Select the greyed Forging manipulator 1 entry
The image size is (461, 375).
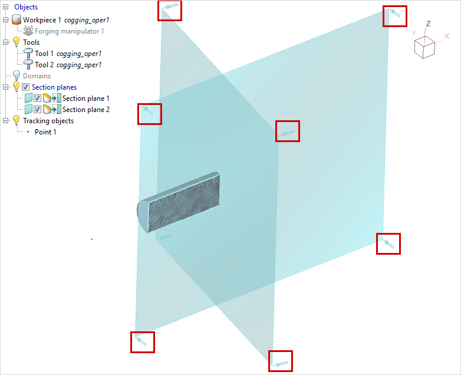pyautogui.click(x=70, y=31)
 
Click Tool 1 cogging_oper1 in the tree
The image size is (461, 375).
pyautogui.click(x=68, y=54)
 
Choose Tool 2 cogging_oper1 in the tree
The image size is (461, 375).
pyautogui.click(x=68, y=65)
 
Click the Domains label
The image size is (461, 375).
pyautogui.click(x=37, y=76)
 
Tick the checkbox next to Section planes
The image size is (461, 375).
pyautogui.click(x=26, y=87)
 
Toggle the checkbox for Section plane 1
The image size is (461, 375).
pyautogui.click(x=37, y=98)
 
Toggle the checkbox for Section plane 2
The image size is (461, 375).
pyautogui.click(x=37, y=110)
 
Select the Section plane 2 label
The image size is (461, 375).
pyautogui.click(x=86, y=110)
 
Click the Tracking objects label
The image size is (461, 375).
pyautogui.click(x=48, y=121)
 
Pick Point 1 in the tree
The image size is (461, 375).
pyautogui.click(x=45, y=132)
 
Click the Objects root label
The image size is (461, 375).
pyautogui.click(x=26, y=6)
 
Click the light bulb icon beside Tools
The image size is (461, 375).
pyautogui.click(x=17, y=42)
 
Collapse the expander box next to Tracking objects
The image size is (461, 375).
pyautogui.click(x=5, y=121)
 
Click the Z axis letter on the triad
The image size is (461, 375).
pyautogui.click(x=428, y=24)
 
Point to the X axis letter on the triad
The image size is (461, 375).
pyautogui.click(x=447, y=36)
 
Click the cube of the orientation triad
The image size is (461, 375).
pyautogui.click(x=424, y=47)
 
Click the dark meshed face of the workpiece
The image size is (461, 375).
pyautogui.click(x=184, y=203)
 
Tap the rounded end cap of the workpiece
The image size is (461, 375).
pyautogui.click(x=142, y=215)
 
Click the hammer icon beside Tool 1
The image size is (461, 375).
pyautogui.click(x=28, y=54)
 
